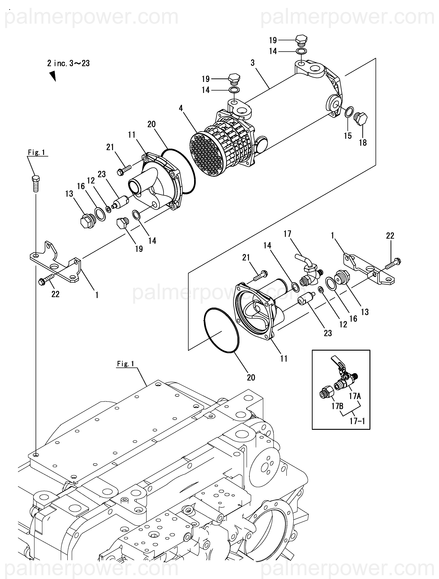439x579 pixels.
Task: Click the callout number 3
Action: pyautogui.click(x=252, y=63)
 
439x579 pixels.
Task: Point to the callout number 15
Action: pyautogui.click(x=348, y=136)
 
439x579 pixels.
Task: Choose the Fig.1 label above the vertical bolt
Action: pyautogui.click(x=36, y=152)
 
